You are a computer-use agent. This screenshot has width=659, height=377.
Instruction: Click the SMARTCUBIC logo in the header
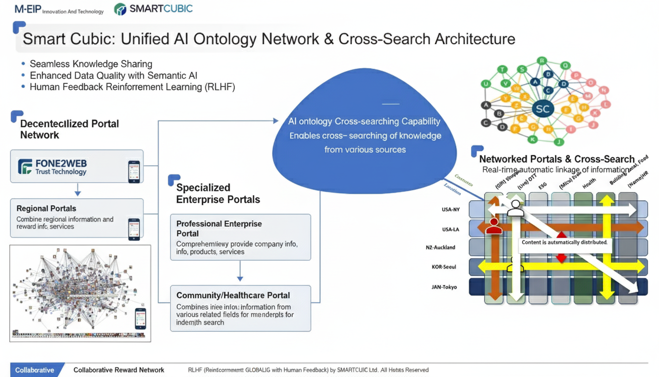153,9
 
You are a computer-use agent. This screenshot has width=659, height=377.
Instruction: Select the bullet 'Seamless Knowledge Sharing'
91,64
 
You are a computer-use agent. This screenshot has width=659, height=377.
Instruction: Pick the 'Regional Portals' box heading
46,209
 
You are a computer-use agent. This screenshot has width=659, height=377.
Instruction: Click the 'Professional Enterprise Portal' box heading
219,228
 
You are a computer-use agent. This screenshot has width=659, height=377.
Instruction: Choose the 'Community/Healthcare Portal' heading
233,296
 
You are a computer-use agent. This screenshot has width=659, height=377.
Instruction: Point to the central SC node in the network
543,109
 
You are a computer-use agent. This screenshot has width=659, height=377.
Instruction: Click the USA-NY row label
451,210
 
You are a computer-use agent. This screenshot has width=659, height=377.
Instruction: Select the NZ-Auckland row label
441,247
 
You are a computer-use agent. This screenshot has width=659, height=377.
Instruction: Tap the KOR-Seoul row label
443,267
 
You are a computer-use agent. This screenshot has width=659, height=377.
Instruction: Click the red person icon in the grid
494,226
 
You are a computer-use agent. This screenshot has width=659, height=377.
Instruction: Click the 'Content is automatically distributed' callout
564,242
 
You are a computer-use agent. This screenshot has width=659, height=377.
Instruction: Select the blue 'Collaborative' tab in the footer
35,370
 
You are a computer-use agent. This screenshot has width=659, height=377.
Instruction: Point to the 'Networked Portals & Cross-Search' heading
557,159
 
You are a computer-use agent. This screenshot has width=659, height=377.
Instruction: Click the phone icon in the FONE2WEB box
133,172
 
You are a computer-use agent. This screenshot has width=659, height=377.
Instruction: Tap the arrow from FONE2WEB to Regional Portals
77,190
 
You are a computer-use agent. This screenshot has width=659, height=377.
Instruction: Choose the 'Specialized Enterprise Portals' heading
218,193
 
